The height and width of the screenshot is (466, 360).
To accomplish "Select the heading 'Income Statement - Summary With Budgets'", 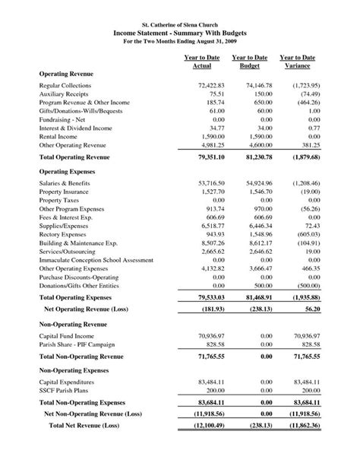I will [180, 35].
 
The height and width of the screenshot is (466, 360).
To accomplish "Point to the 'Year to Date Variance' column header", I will [297, 62].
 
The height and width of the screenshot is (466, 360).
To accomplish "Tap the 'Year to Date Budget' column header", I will [250, 62].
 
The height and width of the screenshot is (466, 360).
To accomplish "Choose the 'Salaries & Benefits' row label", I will [65, 184].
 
